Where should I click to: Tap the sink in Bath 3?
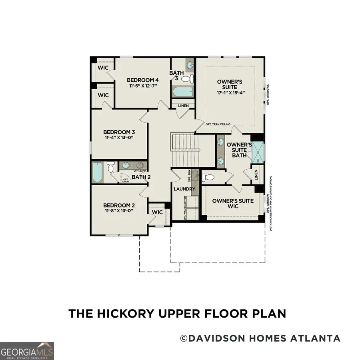[x=190, y=64]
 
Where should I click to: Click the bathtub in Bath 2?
[x=98, y=172]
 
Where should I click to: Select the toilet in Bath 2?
[x=111, y=167]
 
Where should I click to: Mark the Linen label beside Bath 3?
[x=183, y=106]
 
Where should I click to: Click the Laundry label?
[x=184, y=189]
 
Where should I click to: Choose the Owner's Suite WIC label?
[x=233, y=203]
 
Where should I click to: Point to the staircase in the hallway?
[x=185, y=150]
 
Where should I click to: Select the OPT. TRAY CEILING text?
[x=218, y=124]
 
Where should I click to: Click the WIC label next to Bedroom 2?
[x=158, y=212]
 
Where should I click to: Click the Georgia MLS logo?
[x=27, y=351]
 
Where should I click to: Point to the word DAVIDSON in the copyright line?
[x=214, y=338]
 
